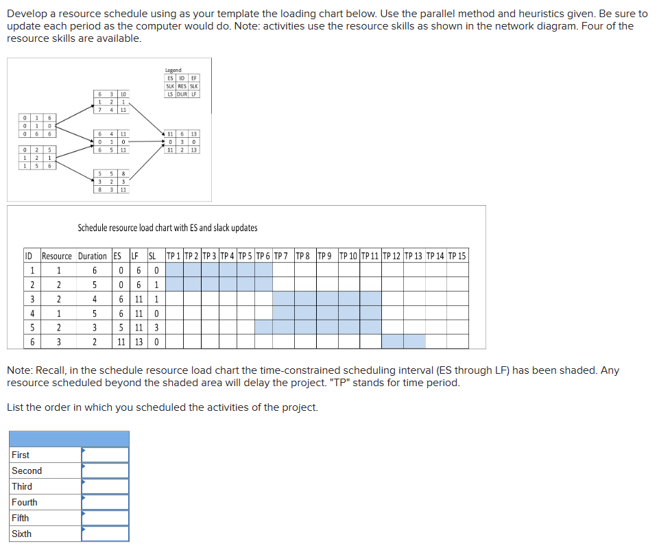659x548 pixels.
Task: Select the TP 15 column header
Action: pos(457,257)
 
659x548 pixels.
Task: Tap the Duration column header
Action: pos(92,257)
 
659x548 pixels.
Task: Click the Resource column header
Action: pos(56,257)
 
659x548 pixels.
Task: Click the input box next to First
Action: pos(105,455)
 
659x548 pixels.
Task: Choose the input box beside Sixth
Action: pos(105,534)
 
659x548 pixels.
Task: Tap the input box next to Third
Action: pos(105,486)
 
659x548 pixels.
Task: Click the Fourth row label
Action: pos(25,502)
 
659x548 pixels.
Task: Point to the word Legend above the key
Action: pos(173,70)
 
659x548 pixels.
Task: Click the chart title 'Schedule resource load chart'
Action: pos(167,228)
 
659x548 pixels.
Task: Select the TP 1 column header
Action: pos(174,257)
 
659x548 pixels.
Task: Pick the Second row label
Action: pos(27,470)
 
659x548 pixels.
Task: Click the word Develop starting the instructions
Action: pos(27,14)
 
